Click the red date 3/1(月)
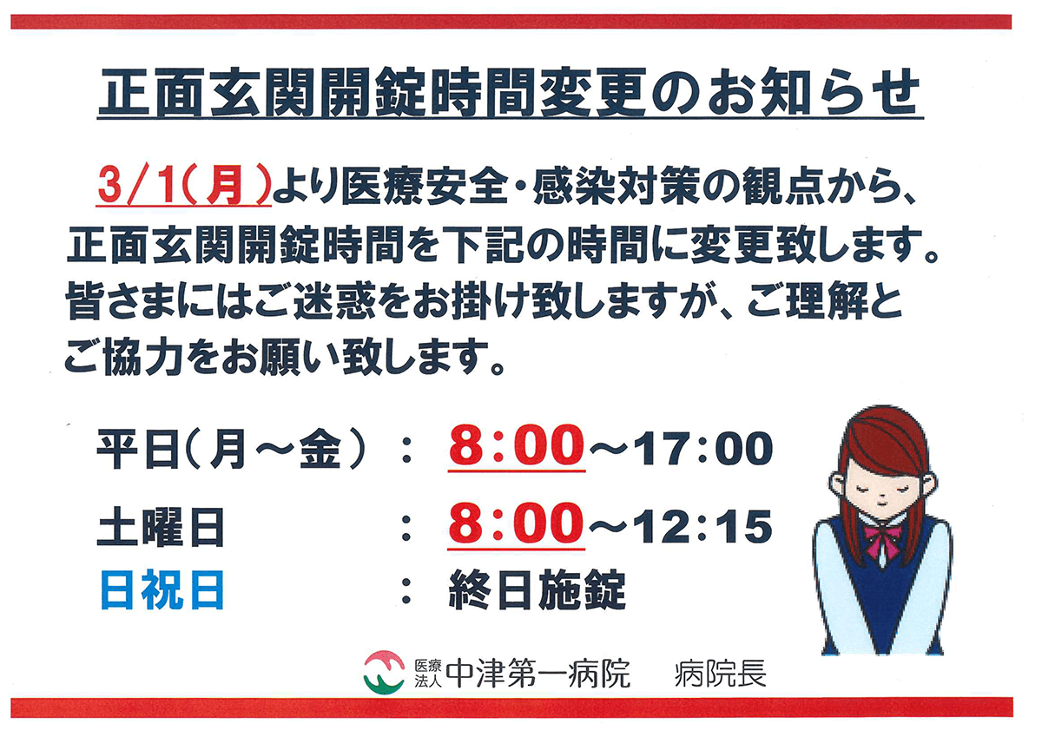click(184, 187)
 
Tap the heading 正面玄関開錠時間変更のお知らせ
click(510, 93)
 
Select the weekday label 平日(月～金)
click(231, 450)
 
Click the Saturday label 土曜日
click(161, 527)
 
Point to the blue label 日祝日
click(162, 590)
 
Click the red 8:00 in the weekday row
click(517, 446)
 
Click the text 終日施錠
click(537, 589)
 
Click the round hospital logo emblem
click(384, 673)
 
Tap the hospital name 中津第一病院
click(538, 674)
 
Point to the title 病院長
click(720, 674)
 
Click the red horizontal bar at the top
click(511, 22)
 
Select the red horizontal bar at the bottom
click(511, 707)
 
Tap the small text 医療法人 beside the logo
click(428, 674)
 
